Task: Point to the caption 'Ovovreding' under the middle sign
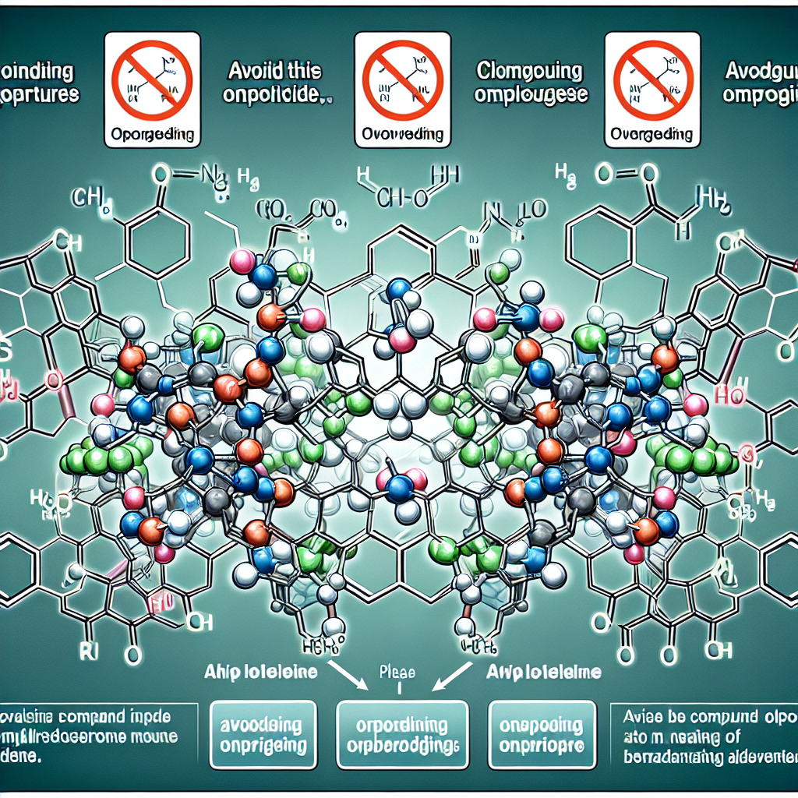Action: [403, 134]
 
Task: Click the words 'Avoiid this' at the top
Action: [275, 72]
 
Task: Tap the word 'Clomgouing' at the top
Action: [529, 72]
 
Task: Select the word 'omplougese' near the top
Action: [530, 96]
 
